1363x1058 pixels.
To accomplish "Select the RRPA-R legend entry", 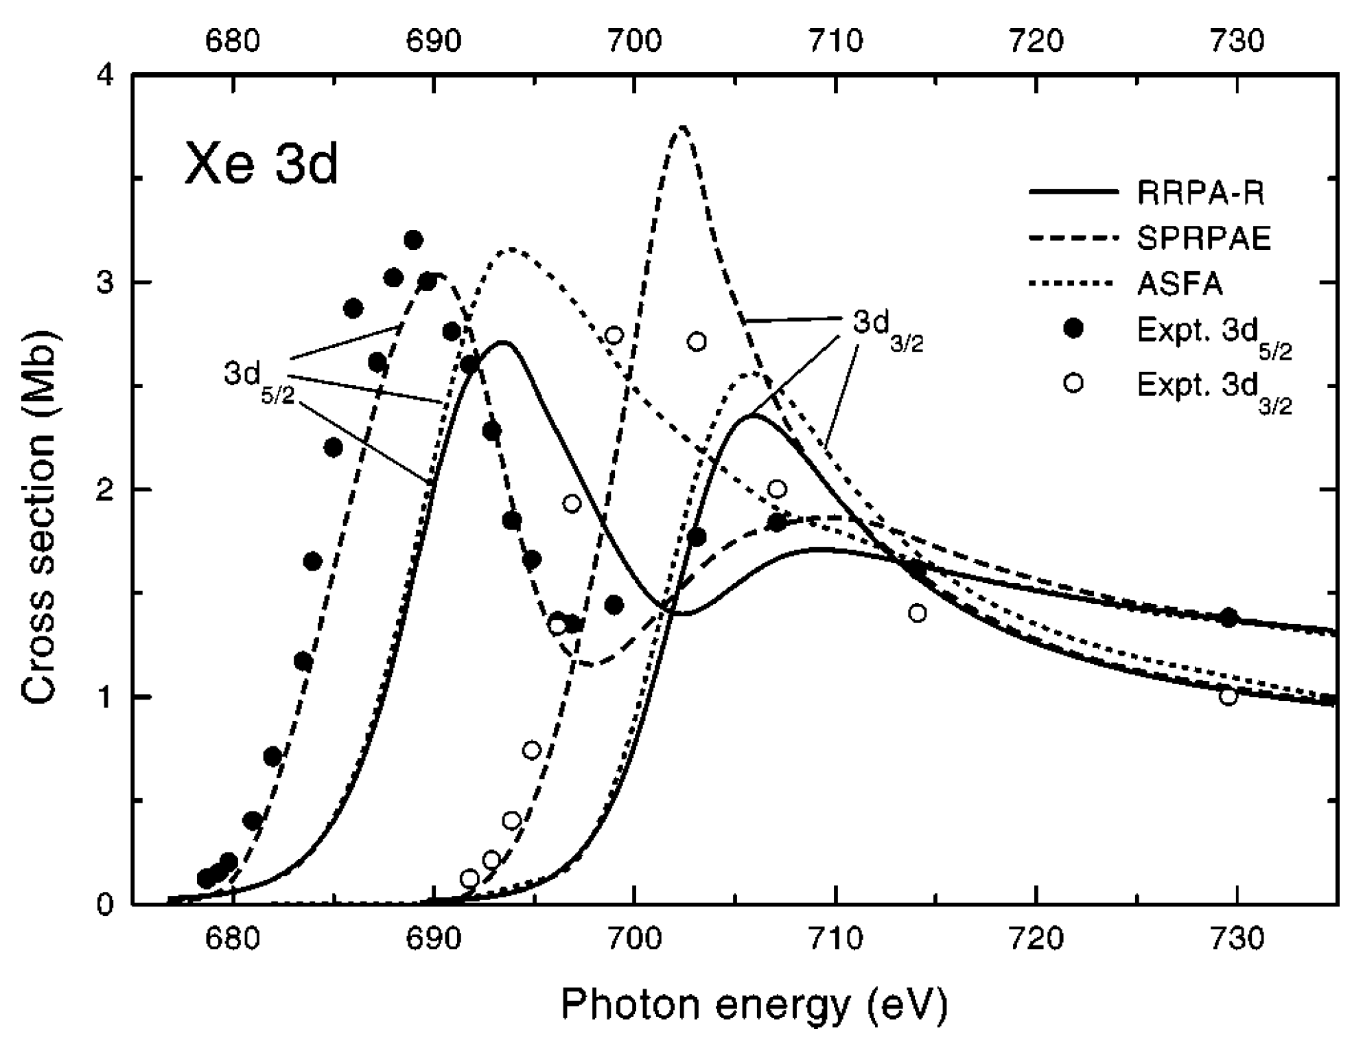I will click(x=1200, y=193).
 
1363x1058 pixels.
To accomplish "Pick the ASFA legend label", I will click(x=1180, y=283).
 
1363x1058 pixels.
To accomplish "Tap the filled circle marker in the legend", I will click(x=1073, y=330).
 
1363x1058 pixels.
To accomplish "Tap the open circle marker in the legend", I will click(x=1073, y=382).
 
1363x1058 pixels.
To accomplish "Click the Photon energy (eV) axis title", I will click(x=754, y=1004).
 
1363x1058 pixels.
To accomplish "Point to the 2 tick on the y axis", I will click(x=105, y=490).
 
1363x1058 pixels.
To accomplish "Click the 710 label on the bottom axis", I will click(x=835, y=939).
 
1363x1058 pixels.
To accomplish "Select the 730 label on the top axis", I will click(x=1237, y=41).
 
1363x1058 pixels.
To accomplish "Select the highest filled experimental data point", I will click(x=413, y=240).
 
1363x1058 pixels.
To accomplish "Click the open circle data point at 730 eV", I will click(x=1228, y=696).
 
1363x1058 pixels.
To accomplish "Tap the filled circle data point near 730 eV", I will click(x=1228, y=617).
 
